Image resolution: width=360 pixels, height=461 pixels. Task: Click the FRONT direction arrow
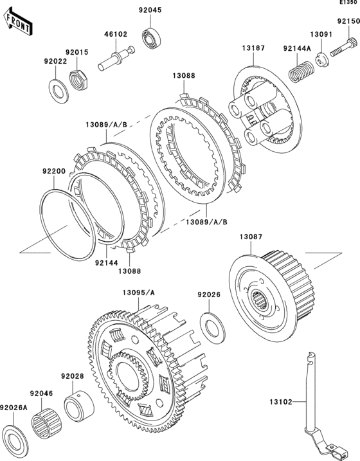coord(18,21)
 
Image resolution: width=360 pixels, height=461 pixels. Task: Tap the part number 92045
coord(150,10)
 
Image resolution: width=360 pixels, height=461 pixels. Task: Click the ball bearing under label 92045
coord(150,37)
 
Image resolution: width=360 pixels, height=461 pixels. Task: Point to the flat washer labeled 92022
coord(59,91)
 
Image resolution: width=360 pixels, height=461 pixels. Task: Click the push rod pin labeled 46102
coord(116,59)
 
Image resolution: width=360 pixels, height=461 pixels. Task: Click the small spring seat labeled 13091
coord(322,59)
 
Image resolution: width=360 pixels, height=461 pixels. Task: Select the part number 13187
coord(253,48)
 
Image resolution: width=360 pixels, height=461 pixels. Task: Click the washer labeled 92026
coord(213,329)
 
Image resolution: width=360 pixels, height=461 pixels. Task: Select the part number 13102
coord(281,401)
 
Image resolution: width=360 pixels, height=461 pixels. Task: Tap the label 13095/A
coord(139,293)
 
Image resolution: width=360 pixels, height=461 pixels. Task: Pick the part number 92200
coord(54,171)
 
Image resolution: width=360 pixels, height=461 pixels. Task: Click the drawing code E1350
coord(350,2)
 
